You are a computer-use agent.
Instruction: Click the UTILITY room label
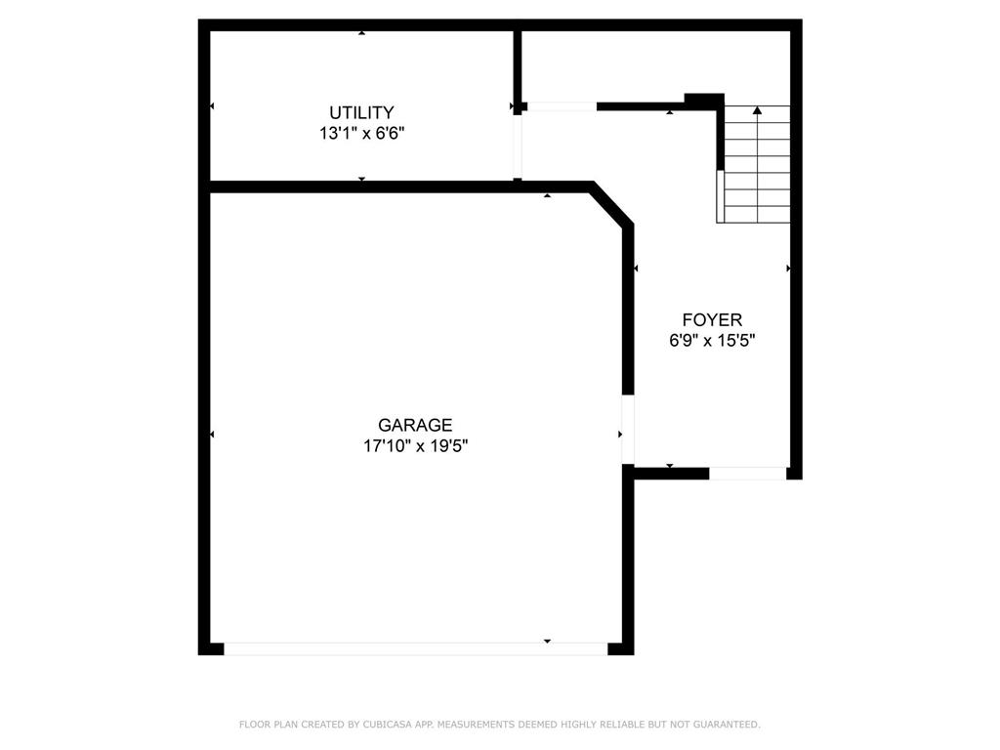361,112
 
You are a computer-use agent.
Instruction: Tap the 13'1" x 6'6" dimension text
361,134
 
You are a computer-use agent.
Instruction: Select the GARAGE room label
415,425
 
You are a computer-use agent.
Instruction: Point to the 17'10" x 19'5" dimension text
415,446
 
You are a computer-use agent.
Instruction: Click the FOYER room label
712,319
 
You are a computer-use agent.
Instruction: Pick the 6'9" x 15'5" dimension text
712,341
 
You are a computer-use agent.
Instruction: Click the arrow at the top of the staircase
757,111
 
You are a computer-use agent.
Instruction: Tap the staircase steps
755,166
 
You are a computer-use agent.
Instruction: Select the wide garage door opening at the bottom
415,647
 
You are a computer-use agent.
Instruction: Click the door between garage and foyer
628,429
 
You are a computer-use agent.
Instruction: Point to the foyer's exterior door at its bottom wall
747,474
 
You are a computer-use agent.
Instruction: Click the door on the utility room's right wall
518,146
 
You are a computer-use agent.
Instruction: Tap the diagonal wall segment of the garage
612,205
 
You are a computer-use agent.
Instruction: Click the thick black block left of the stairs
704,100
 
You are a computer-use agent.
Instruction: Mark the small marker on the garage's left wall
212,434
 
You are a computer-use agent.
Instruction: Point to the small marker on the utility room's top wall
362,33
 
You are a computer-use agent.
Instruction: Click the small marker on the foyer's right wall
788,268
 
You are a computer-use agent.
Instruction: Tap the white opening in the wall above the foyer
562,106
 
